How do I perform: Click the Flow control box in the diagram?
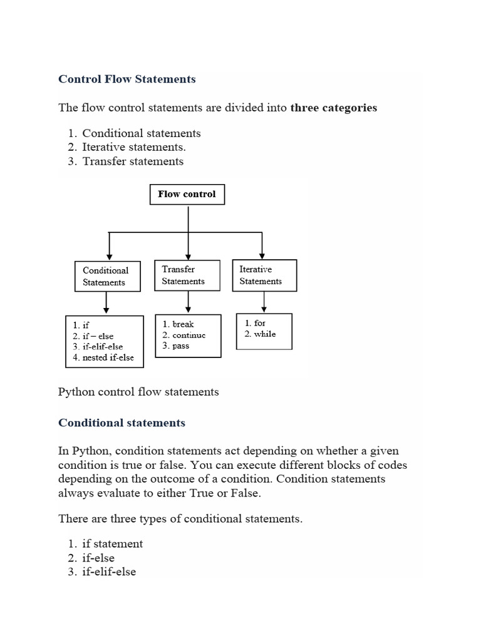click(187, 195)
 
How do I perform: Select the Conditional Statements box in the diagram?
click(105, 277)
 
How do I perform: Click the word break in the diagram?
click(178, 324)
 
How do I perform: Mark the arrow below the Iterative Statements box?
click(264, 302)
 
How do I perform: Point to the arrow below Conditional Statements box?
click(107, 304)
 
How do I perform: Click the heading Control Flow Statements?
click(127, 79)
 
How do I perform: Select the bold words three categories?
click(334, 108)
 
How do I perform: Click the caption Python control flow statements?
click(138, 392)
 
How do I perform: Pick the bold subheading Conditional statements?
click(122, 423)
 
